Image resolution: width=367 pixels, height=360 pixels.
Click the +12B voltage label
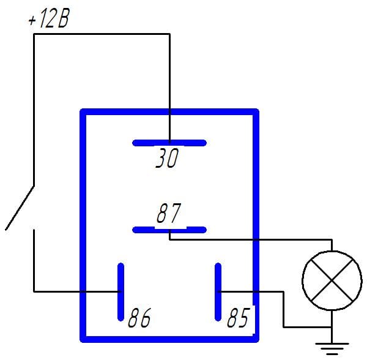coord(49,19)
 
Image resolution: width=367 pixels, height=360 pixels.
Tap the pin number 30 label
coord(167,158)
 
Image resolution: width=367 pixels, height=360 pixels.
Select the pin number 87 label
coord(169,213)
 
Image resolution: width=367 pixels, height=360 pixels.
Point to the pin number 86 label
coord(139,317)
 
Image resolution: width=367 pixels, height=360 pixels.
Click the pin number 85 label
coord(239,317)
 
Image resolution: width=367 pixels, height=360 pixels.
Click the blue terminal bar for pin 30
coord(169,143)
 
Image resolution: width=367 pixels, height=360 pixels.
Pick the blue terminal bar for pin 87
coord(169,230)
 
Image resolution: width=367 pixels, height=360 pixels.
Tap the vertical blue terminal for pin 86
coord(120,292)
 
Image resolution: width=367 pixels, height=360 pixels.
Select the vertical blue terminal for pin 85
coord(218,292)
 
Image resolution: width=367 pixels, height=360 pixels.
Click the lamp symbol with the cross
coord(332,280)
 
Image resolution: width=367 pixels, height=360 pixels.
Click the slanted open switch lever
coord(20,208)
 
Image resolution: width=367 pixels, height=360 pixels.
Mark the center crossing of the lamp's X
coord(332,280)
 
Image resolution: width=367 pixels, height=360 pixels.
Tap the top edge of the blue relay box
coord(169,111)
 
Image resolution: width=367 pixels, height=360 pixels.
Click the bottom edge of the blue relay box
coord(169,339)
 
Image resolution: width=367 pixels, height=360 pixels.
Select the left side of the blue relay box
coord(83,225)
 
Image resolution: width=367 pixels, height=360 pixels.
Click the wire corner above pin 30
coord(169,34)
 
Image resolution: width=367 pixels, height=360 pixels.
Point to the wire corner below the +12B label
coord(34,34)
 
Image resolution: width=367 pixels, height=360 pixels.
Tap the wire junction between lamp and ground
coord(332,327)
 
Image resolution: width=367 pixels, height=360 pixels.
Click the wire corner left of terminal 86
coord(34,292)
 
